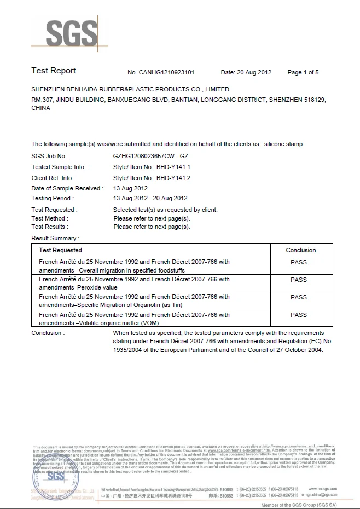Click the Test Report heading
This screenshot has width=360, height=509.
click(54, 71)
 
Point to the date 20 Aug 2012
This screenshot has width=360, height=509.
click(254, 72)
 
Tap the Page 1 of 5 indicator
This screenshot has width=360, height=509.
click(303, 72)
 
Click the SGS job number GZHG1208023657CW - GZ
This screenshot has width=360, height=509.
click(150, 157)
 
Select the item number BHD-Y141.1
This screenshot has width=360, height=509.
click(173, 167)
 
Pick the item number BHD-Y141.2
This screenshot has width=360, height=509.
click(173, 178)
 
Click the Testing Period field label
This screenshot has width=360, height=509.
click(53, 198)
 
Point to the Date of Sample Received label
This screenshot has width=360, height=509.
click(67, 188)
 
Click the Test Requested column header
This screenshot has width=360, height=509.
click(60, 250)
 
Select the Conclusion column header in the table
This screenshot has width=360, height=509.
click(301, 250)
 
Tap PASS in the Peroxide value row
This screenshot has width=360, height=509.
click(299, 280)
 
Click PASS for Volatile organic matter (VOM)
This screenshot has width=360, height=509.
click(299, 315)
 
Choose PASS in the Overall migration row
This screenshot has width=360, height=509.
click(299, 262)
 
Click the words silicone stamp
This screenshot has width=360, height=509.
click(283, 144)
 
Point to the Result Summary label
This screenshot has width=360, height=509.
click(55, 238)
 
